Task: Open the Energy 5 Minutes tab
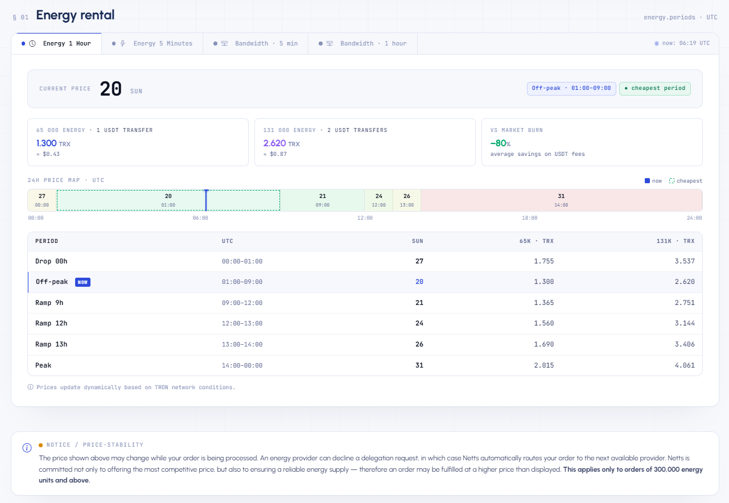[x=153, y=44]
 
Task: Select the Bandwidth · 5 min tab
[x=256, y=44]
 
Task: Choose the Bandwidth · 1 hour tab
[x=363, y=44]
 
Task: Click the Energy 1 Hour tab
[x=56, y=44]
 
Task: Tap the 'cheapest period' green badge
[x=655, y=89]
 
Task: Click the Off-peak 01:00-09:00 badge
[x=571, y=89]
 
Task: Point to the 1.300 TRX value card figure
[x=53, y=143]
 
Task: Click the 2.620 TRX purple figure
[x=282, y=143]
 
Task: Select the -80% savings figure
[x=500, y=143]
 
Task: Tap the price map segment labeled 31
[x=561, y=200]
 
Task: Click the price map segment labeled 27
[x=42, y=200]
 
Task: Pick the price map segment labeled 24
[x=379, y=200]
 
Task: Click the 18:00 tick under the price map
[x=529, y=218]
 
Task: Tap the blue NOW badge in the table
[x=83, y=282]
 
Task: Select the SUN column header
[x=418, y=241]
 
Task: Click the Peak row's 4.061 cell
[x=685, y=365]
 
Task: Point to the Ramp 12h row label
[x=51, y=323]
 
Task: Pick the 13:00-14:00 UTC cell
[x=242, y=345]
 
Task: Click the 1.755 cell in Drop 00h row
[x=544, y=261]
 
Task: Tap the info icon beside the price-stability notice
[x=27, y=448]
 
